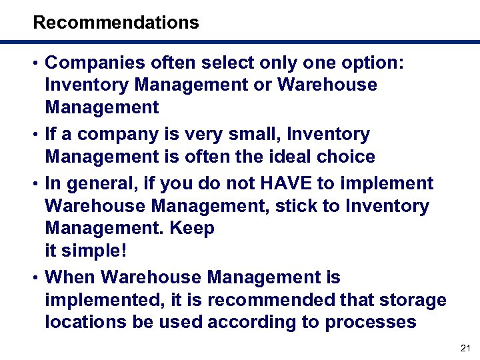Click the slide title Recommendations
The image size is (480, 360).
116,23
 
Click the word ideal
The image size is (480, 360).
293,157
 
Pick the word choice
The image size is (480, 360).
347,157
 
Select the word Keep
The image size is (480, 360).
192,229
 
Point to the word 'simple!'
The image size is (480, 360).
95,251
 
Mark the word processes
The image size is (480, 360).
371,323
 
